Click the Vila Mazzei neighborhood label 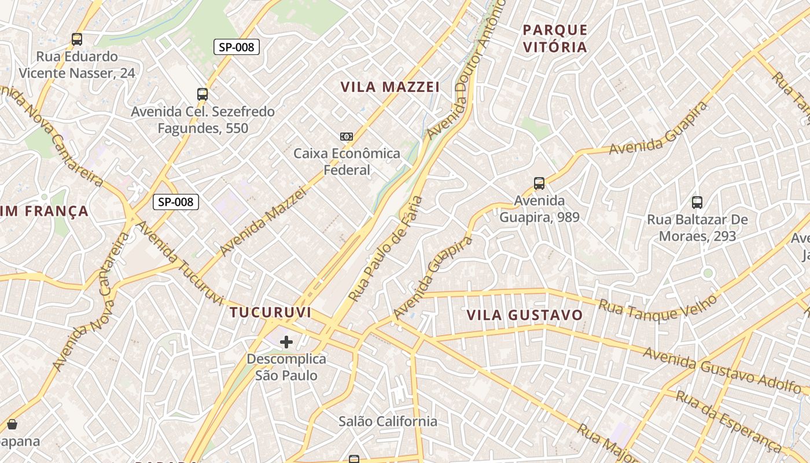click(390, 87)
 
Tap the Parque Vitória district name click(555, 38)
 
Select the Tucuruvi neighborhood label click(270, 313)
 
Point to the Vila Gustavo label click(525, 315)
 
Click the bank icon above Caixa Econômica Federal click(347, 137)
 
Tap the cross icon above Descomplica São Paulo click(286, 342)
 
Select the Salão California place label click(388, 421)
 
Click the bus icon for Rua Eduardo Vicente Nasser click(77, 39)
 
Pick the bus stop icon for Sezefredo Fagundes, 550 click(203, 94)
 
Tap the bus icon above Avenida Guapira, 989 click(539, 183)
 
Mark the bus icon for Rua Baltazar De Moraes click(697, 203)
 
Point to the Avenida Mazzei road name click(263, 223)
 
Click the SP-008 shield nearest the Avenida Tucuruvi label click(176, 202)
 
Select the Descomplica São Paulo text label click(286, 367)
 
